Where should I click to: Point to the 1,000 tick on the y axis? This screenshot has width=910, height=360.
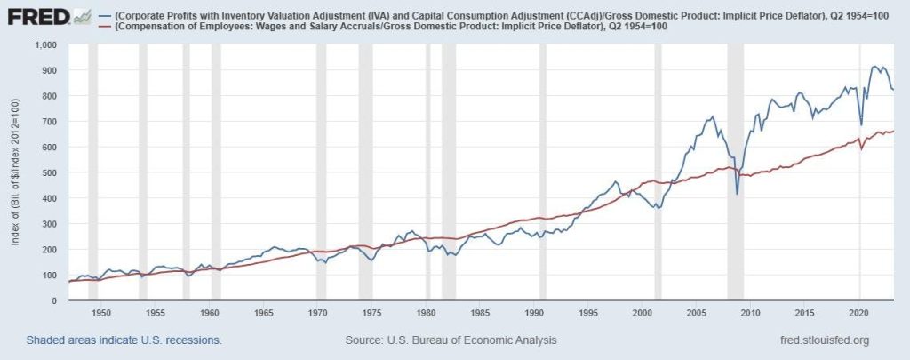pyautogui.click(x=43, y=44)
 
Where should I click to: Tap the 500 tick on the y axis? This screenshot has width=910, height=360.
pyautogui.click(x=48, y=172)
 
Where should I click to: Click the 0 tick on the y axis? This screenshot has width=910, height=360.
pyautogui.click(x=54, y=300)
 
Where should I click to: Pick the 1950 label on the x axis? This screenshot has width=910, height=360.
pyautogui.click(x=101, y=313)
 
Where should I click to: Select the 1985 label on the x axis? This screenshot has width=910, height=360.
pyautogui.click(x=480, y=313)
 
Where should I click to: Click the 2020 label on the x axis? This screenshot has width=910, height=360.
pyautogui.click(x=859, y=313)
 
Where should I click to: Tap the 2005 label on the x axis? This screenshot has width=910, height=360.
pyautogui.click(x=697, y=313)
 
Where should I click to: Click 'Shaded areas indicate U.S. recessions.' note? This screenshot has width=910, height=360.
pyautogui.click(x=124, y=340)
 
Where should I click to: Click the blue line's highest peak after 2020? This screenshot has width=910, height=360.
pyautogui.click(x=876, y=67)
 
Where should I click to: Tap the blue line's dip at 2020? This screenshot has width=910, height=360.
pyautogui.click(x=860, y=125)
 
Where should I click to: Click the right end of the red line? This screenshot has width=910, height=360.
pyautogui.click(x=893, y=131)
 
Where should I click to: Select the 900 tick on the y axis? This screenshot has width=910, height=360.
pyautogui.click(x=48, y=70)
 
